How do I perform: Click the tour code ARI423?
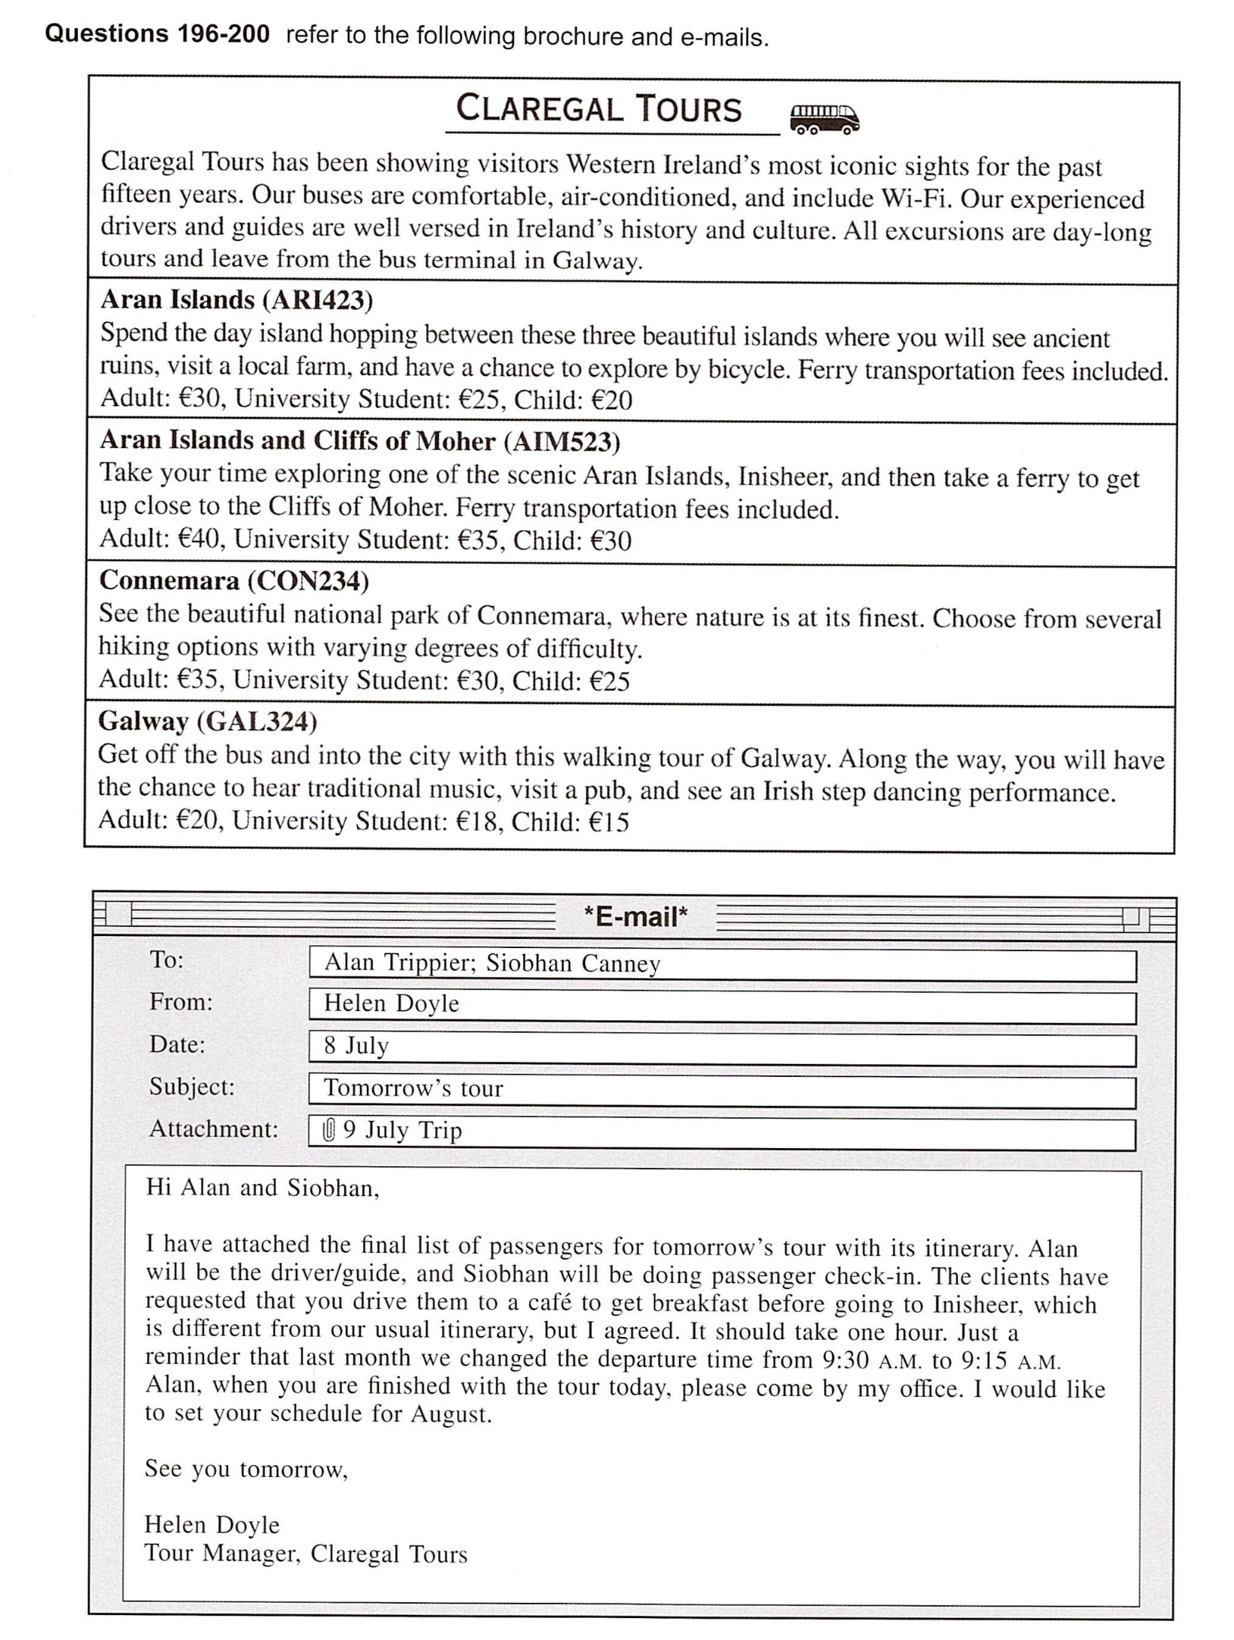(x=318, y=300)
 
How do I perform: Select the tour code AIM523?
(x=562, y=441)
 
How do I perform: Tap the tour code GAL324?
(x=257, y=721)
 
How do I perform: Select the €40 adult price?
(x=199, y=539)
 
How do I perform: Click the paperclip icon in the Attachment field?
(x=329, y=1131)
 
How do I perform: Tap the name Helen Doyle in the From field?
(x=391, y=1003)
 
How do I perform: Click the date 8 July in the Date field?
(x=356, y=1046)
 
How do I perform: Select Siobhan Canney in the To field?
(x=573, y=963)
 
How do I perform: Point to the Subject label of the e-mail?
(x=192, y=1087)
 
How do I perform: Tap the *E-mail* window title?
(x=635, y=917)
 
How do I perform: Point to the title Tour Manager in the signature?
(x=221, y=1554)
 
